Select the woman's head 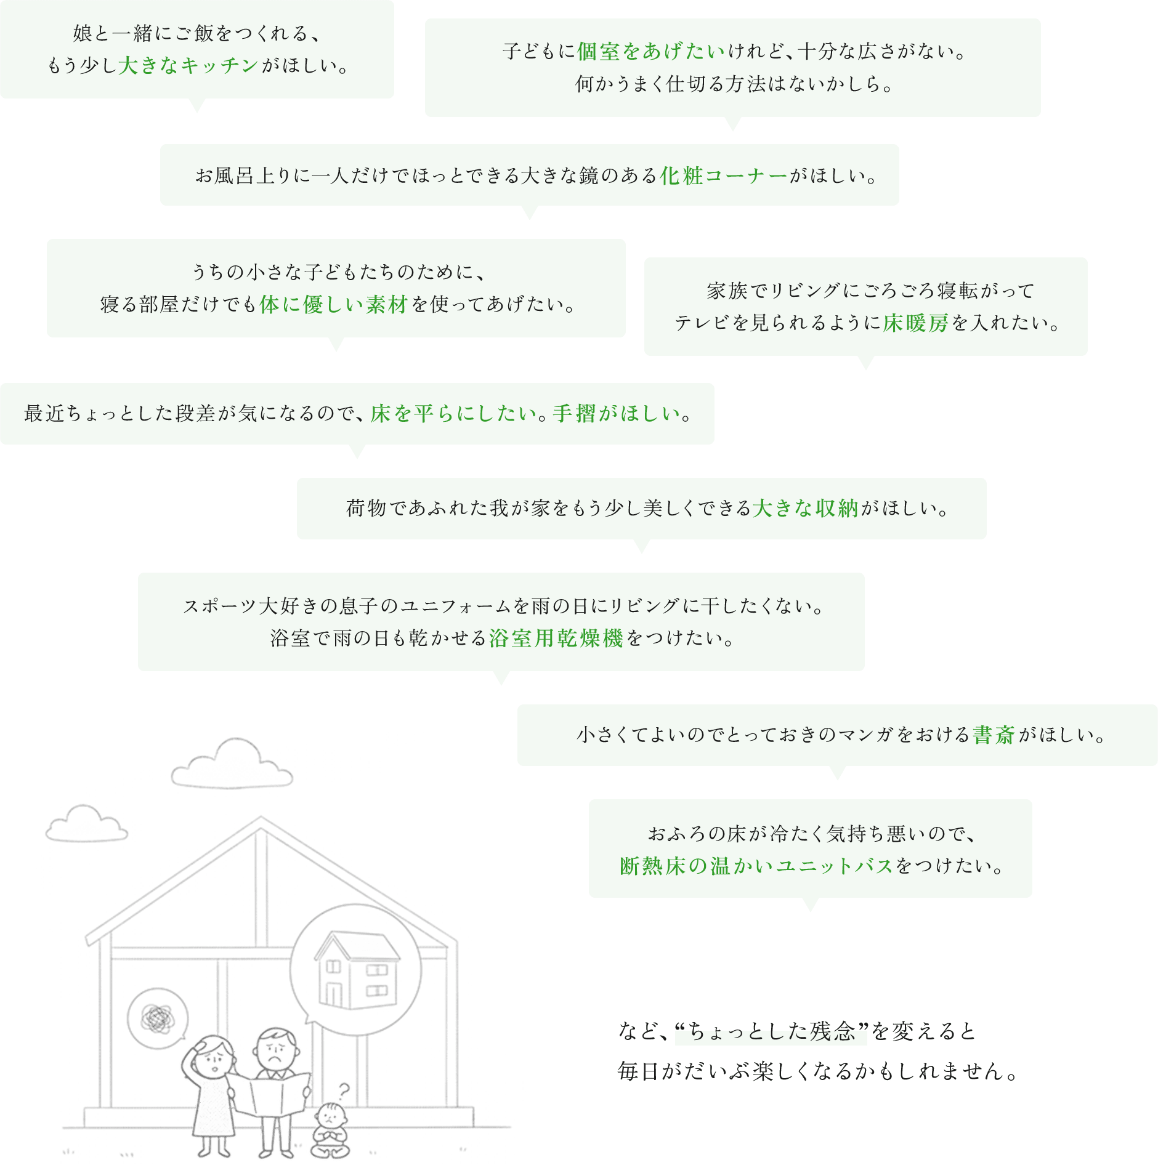point(214,1054)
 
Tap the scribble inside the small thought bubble point(158,1019)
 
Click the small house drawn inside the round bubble point(357,970)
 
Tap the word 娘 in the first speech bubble point(83,33)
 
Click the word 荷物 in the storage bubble point(366,508)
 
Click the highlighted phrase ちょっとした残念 point(771,1031)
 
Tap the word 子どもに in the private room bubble point(538,51)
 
